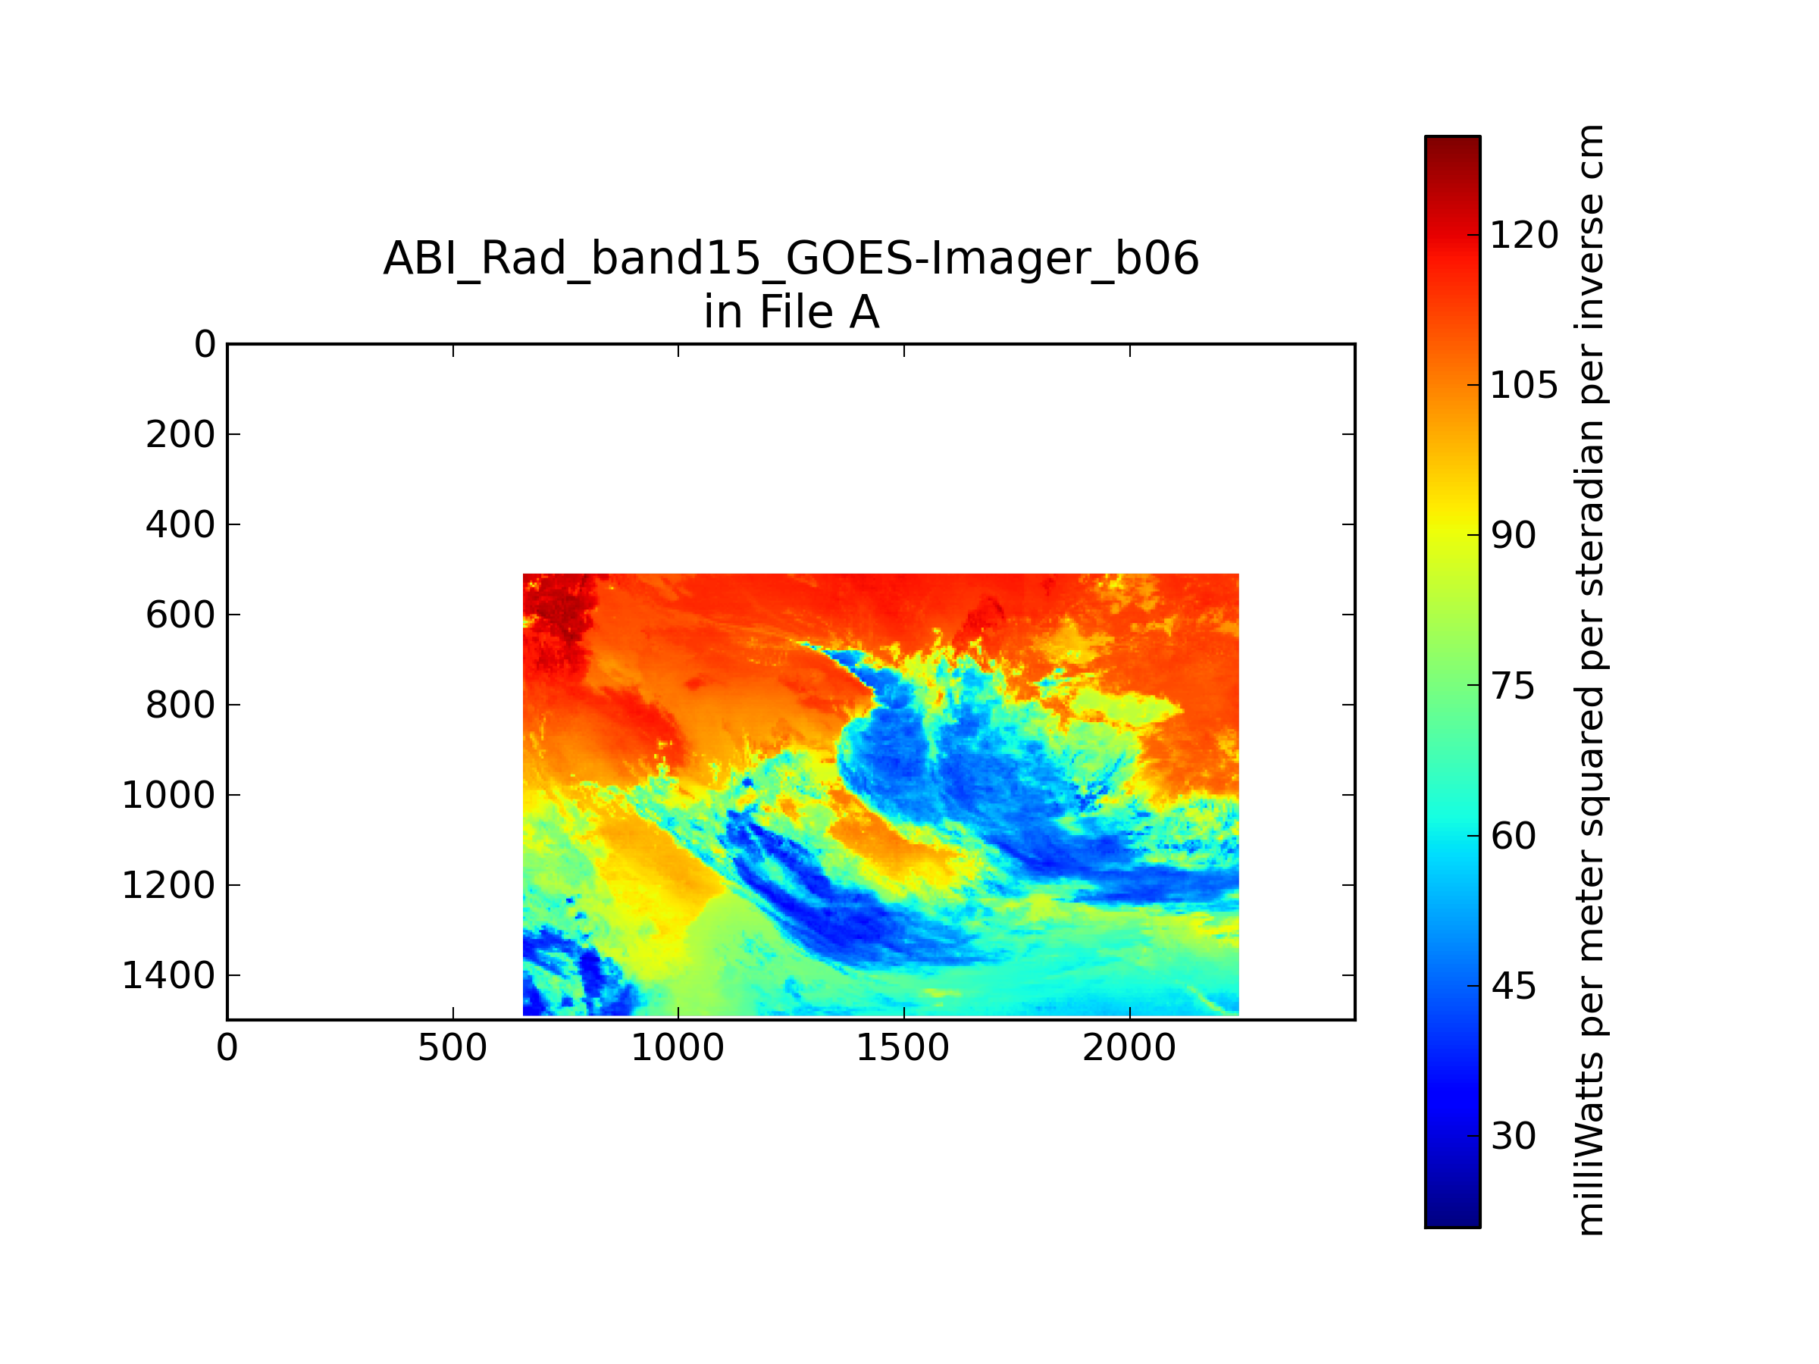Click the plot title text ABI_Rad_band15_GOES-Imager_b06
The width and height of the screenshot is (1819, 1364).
(x=791, y=259)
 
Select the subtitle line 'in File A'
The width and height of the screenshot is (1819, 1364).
(x=791, y=311)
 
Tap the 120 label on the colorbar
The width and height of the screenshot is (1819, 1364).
(x=1523, y=235)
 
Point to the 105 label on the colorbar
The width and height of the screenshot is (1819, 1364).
(x=1523, y=385)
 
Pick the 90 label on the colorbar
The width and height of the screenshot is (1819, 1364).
(x=1513, y=535)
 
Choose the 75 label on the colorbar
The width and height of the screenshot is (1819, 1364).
(x=1513, y=686)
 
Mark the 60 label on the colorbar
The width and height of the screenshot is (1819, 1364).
(x=1513, y=835)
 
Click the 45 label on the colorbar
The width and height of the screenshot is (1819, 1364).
(x=1513, y=986)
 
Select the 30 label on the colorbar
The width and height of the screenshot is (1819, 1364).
(x=1513, y=1135)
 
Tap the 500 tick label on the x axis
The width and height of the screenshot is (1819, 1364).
(x=452, y=1048)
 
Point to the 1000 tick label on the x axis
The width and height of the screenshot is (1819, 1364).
(x=678, y=1048)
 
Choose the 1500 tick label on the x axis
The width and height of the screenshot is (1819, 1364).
(x=903, y=1048)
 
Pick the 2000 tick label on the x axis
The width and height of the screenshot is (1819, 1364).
(x=1129, y=1048)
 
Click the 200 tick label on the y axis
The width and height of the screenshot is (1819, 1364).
(x=180, y=434)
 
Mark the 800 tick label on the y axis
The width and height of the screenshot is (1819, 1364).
(x=180, y=705)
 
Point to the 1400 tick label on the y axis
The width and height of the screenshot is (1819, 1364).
(x=168, y=975)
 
